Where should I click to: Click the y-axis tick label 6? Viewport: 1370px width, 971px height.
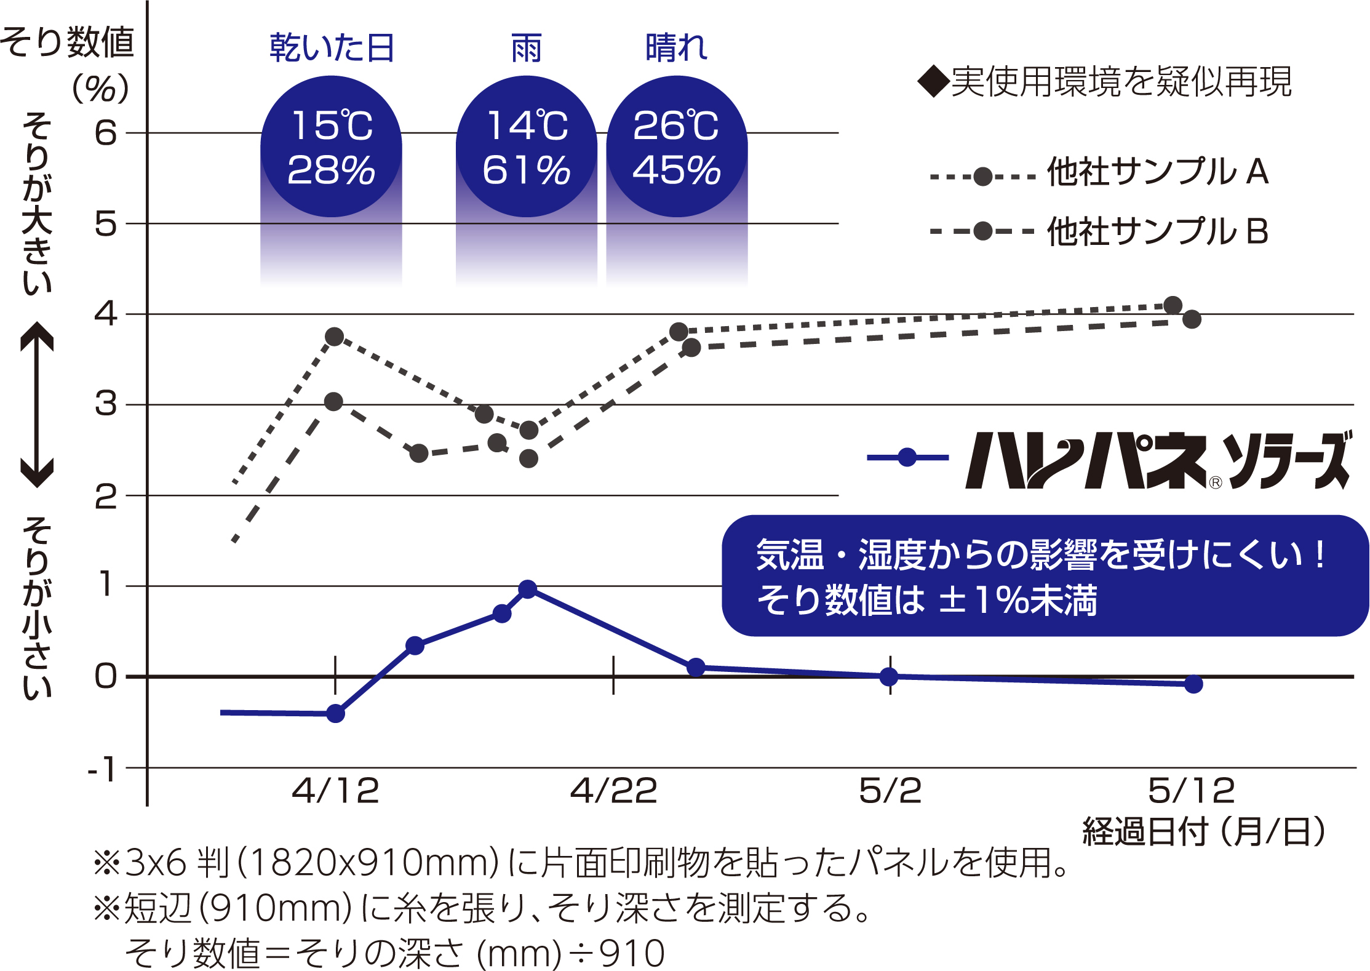(106, 133)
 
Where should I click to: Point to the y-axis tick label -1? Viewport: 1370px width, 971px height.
(102, 769)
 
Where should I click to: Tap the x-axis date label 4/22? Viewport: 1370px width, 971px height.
(613, 791)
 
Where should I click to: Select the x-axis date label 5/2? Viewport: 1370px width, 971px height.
(890, 791)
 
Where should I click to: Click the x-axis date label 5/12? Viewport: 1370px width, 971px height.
(1192, 791)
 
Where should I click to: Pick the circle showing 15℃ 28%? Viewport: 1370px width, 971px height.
(332, 146)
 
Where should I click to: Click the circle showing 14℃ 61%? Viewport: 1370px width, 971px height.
(527, 146)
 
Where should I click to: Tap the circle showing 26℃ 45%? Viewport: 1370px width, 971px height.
(677, 146)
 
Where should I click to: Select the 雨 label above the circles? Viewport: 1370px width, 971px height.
(527, 48)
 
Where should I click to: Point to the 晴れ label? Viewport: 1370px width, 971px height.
(677, 48)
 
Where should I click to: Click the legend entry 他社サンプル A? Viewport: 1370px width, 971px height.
(1157, 172)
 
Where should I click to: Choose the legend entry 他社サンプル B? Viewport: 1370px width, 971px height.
(1157, 231)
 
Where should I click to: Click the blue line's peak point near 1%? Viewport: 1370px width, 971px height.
(527, 589)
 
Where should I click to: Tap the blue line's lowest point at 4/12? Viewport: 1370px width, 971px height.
(335, 714)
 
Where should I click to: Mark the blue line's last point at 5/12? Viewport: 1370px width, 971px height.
(1193, 684)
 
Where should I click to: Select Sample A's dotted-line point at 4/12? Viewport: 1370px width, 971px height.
(335, 337)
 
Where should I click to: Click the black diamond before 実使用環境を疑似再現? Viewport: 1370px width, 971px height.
(933, 82)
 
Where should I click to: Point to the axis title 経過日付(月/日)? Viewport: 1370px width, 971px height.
(1203, 832)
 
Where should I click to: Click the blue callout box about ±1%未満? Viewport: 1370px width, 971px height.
(1045, 576)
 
